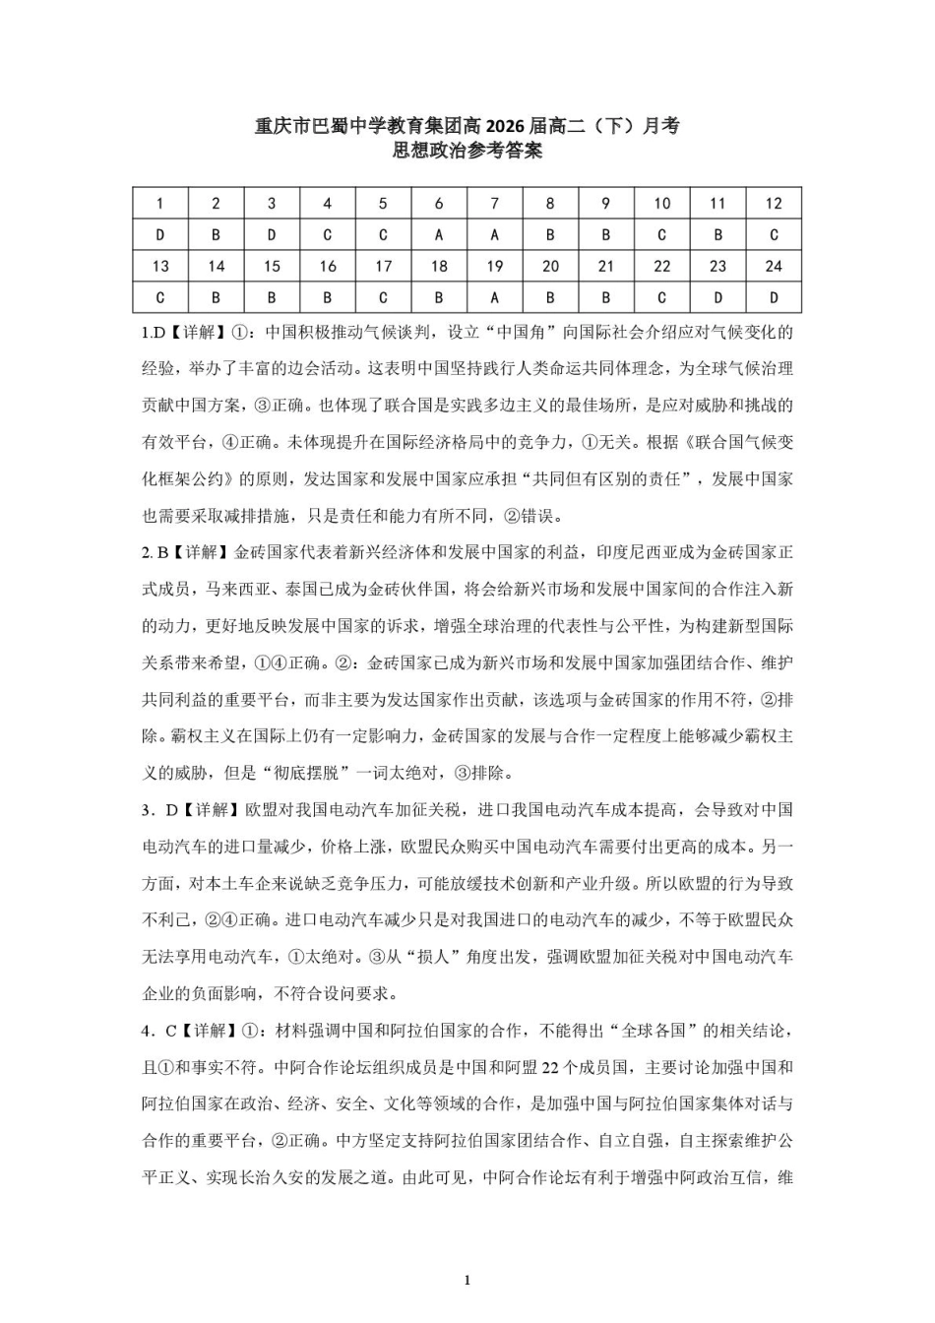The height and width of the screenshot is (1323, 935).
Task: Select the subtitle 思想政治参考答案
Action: point(467,152)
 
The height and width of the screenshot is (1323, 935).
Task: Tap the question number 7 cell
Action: point(494,204)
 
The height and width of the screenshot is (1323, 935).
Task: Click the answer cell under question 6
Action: point(439,235)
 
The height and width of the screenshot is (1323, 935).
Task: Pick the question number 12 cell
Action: point(773,204)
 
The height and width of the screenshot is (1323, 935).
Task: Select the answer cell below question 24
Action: point(773,297)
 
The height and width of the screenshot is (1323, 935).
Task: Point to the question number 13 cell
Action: point(160,266)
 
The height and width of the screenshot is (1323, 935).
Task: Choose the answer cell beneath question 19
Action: point(494,297)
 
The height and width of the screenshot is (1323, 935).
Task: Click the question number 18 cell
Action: point(439,266)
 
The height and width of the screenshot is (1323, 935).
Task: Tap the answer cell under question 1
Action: point(160,235)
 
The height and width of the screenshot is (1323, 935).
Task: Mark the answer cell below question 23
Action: point(717,297)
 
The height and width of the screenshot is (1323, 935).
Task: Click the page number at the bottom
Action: point(467,1281)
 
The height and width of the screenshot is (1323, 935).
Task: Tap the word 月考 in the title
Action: point(660,126)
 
